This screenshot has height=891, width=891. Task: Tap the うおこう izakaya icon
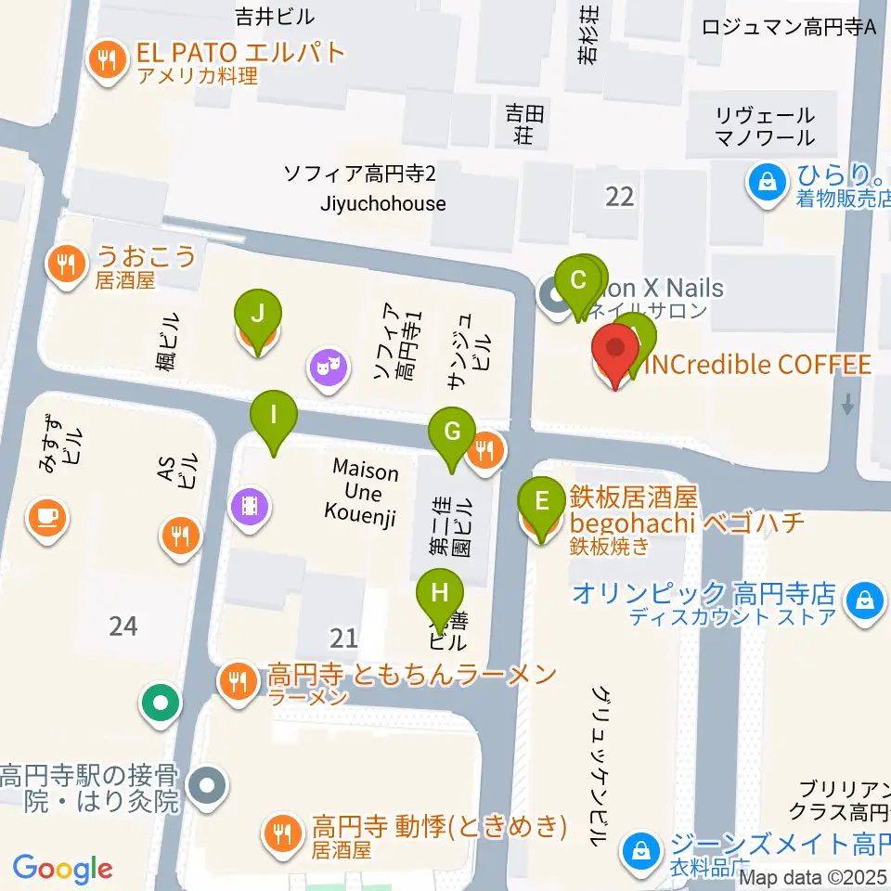pos(66,265)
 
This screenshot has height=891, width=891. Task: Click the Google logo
pos(62,868)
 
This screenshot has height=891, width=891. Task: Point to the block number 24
pos(123,626)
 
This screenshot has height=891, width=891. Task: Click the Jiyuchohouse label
pos(382,203)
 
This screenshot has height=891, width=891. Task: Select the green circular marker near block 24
pos(161,703)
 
